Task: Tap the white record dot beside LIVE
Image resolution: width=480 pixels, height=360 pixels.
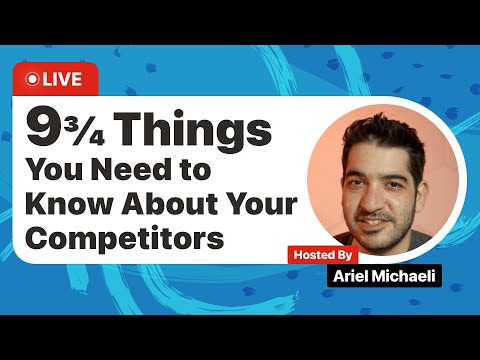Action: click(x=33, y=78)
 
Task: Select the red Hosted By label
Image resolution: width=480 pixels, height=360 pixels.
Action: click(x=322, y=254)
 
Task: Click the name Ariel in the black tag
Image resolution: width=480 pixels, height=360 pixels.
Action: click(x=352, y=276)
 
